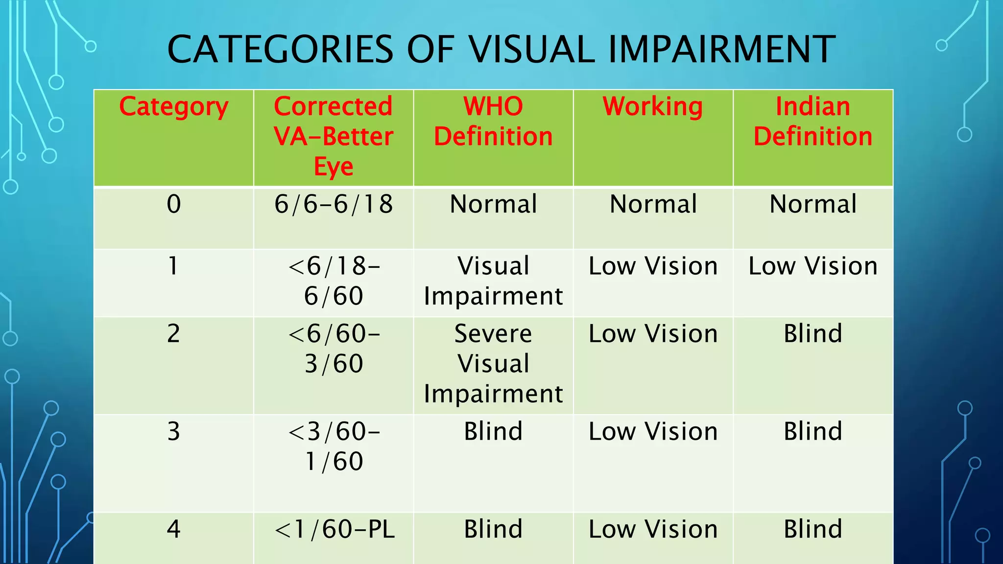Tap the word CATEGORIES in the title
(x=280, y=49)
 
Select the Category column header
(x=173, y=107)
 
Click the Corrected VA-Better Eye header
(x=334, y=136)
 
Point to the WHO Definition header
(x=493, y=121)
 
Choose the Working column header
(x=653, y=107)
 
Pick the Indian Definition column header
(x=813, y=121)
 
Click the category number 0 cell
(x=173, y=204)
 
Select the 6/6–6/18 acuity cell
(x=334, y=204)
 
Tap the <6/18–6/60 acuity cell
(x=334, y=281)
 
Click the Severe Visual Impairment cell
(x=493, y=364)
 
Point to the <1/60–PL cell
(x=334, y=529)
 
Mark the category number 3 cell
(x=173, y=432)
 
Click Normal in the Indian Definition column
(x=813, y=204)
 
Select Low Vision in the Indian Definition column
(x=813, y=266)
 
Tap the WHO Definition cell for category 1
(x=493, y=281)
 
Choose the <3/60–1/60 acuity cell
(x=334, y=446)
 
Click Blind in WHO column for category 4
(x=493, y=529)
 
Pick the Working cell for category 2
(x=653, y=334)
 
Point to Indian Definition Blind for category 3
(x=813, y=432)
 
